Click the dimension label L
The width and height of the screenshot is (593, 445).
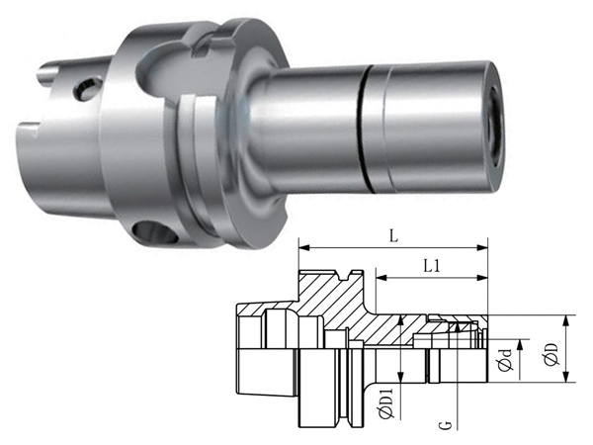tap(393, 236)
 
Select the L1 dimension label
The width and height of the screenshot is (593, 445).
tap(432, 266)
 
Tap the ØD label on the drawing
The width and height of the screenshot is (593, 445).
tap(552, 354)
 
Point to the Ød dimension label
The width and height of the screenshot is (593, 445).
tap(505, 360)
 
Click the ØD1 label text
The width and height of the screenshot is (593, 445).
tap(386, 403)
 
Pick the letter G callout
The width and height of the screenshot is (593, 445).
tap(447, 425)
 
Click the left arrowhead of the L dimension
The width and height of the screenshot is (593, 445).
tap(304, 248)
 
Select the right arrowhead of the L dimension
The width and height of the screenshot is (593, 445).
tap(482, 248)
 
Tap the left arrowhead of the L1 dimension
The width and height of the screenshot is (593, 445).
tap(381, 278)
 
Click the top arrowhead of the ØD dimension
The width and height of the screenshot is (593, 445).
tap(566, 320)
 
